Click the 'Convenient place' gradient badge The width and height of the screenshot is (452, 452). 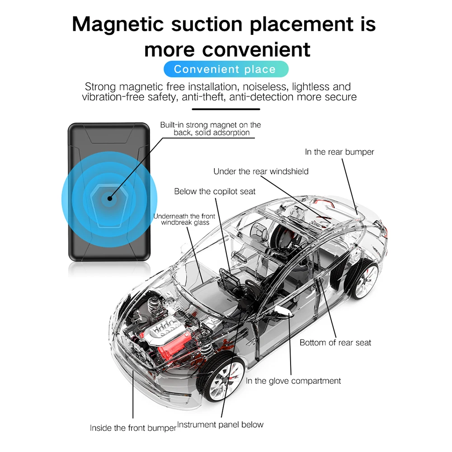(x=225, y=69)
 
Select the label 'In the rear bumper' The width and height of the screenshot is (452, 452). (x=339, y=152)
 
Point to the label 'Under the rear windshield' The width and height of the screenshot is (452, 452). (x=261, y=171)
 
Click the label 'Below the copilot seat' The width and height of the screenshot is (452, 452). (x=215, y=192)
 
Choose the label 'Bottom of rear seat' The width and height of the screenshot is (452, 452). (x=335, y=343)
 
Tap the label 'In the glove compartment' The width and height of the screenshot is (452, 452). (x=293, y=381)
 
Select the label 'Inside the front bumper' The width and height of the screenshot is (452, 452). (x=133, y=428)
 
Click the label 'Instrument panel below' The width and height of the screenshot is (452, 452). (x=221, y=424)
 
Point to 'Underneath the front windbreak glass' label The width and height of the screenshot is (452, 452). (x=184, y=219)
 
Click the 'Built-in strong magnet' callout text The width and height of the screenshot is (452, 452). (x=211, y=129)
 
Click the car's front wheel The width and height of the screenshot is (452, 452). (x=222, y=378)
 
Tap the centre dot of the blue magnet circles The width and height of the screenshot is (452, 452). (x=109, y=197)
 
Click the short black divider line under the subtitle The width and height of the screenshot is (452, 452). (x=226, y=109)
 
